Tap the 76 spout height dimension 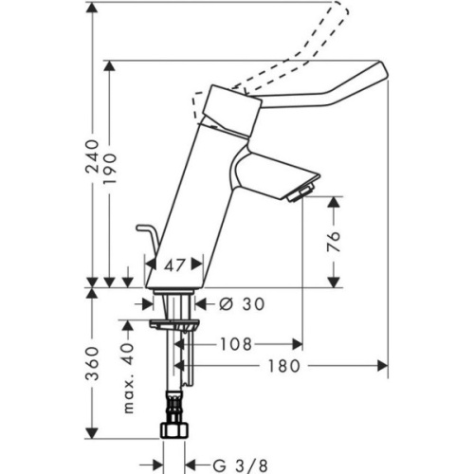[x=331, y=242]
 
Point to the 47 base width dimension [x=173, y=266]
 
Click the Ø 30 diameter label [x=240, y=304]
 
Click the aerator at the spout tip [x=298, y=194]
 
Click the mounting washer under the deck [x=175, y=324]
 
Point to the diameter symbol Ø [x=225, y=304]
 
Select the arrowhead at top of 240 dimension [x=93, y=9]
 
